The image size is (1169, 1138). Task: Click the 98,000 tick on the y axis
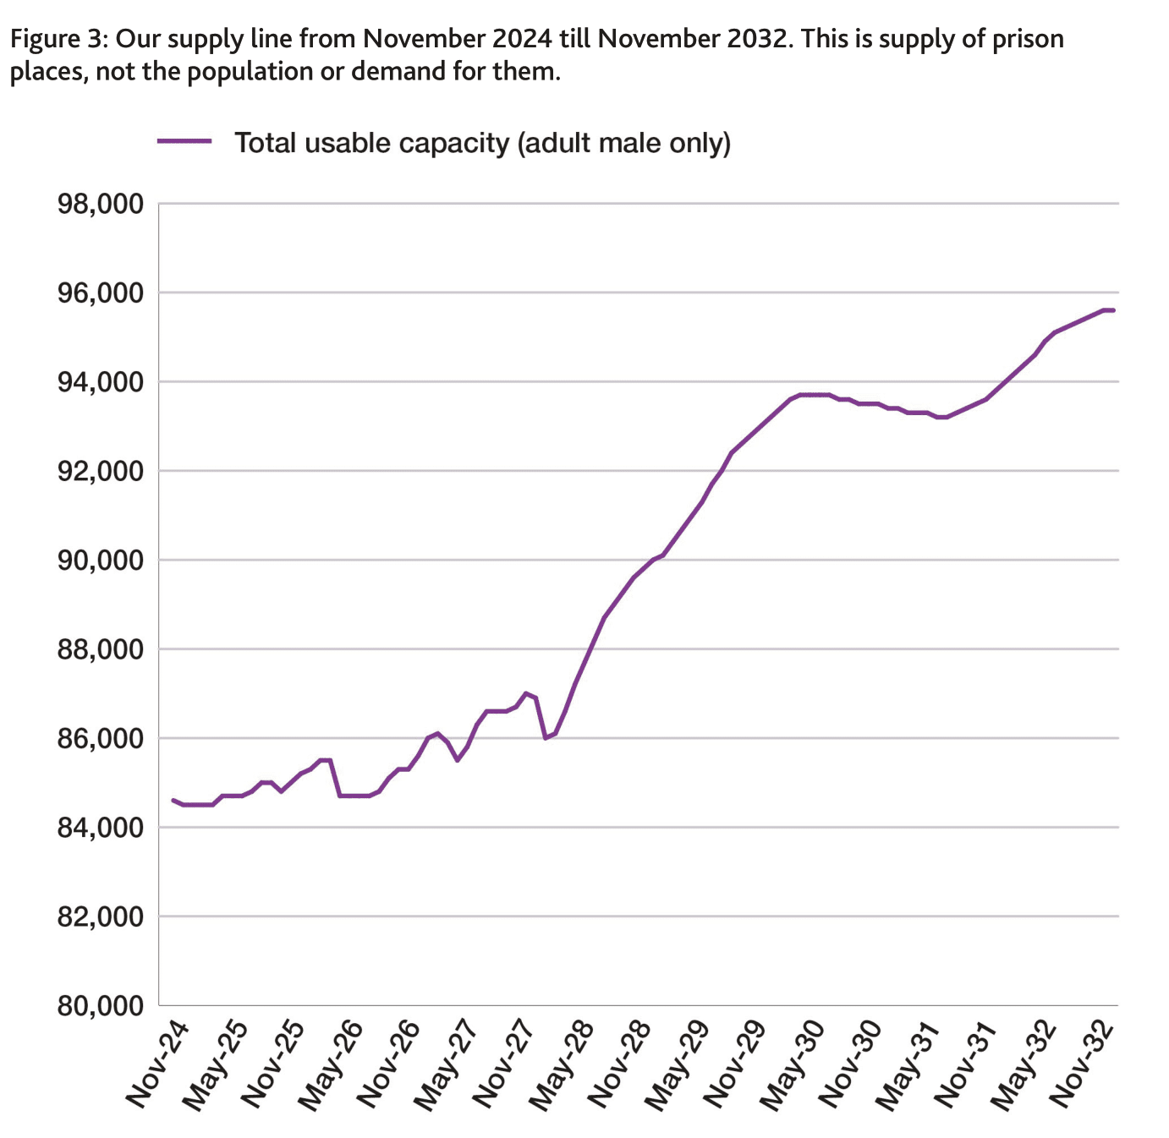point(100,205)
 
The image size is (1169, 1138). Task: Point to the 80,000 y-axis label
point(100,1006)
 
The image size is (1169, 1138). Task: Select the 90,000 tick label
point(100,561)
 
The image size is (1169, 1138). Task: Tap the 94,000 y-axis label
point(100,383)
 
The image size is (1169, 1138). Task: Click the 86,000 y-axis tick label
point(100,739)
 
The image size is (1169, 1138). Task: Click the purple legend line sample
point(184,142)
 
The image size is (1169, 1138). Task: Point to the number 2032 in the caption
point(752,39)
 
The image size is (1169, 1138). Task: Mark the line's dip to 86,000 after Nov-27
point(546,738)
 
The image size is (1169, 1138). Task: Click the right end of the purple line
point(1113,310)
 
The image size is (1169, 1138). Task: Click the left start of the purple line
point(173,800)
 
